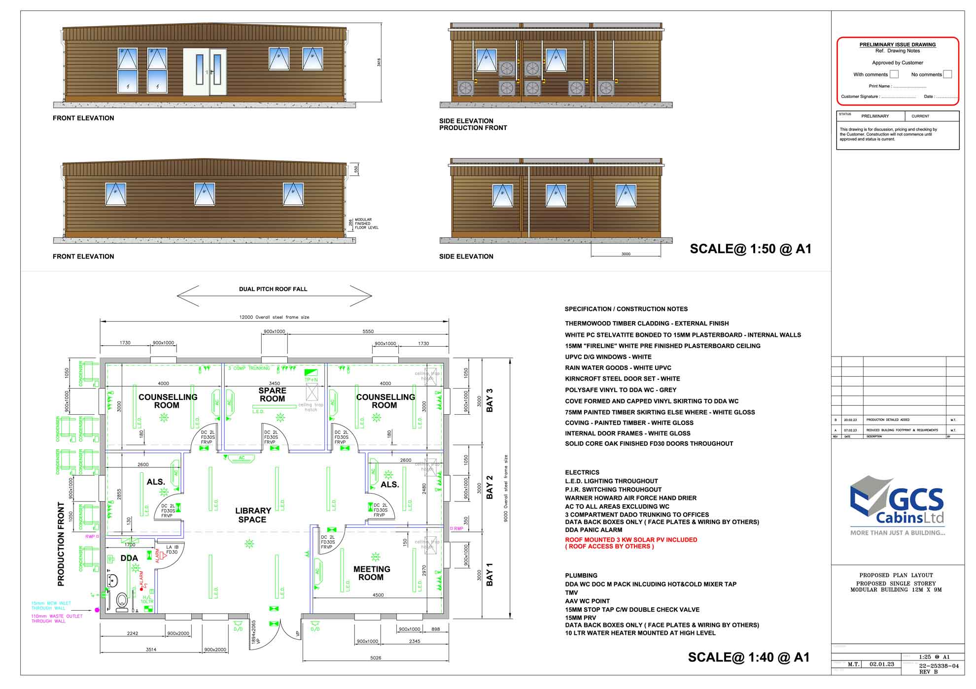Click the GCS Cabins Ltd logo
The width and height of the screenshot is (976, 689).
897,505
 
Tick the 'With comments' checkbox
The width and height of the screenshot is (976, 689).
894,74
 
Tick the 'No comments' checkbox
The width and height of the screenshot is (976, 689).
947,74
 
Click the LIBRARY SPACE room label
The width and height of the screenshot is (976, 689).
252,515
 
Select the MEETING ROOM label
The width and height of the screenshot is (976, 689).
372,573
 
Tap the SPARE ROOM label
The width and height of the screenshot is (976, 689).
272,394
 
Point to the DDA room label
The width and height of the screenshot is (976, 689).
129,558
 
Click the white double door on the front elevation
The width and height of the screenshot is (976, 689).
205,72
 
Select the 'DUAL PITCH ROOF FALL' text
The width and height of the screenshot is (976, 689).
273,289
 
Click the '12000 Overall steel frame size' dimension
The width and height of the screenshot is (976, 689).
274,317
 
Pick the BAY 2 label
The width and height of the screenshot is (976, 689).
489,487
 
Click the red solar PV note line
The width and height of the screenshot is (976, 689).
631,540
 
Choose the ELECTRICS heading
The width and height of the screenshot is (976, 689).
582,472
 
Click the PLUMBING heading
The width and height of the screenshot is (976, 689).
581,575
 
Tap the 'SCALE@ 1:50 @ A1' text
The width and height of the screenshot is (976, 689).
750,249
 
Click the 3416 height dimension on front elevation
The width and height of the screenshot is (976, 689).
379,63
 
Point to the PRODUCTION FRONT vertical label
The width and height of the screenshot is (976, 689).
61,544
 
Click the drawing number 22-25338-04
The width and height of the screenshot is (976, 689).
939,666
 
